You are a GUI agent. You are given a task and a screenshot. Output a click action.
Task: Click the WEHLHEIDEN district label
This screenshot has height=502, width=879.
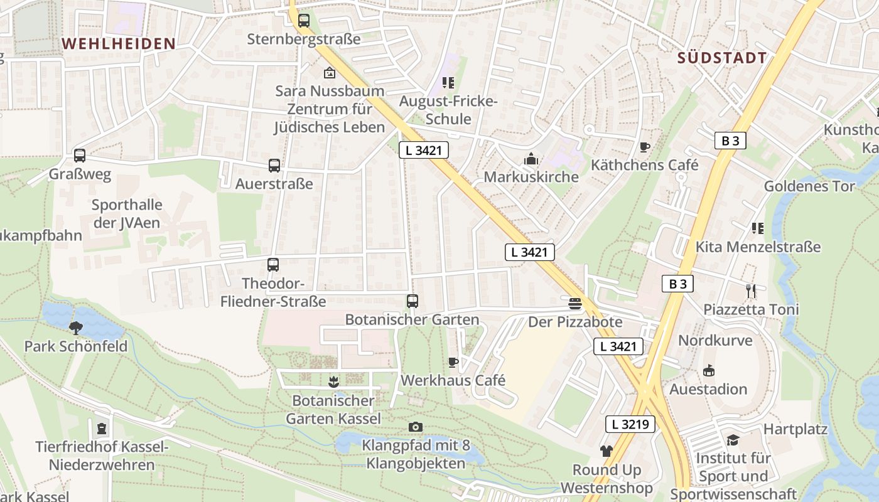[x=119, y=43]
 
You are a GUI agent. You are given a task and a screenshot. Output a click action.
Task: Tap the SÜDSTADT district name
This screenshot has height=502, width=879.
[x=722, y=58]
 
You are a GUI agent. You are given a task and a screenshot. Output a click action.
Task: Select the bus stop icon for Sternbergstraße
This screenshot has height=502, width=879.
[x=304, y=21]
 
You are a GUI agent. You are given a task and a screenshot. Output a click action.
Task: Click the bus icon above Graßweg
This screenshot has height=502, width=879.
[x=80, y=156]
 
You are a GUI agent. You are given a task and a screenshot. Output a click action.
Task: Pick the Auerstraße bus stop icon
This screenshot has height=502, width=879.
[x=274, y=166]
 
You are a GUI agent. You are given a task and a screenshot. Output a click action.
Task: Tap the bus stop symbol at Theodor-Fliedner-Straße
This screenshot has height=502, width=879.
[x=272, y=265]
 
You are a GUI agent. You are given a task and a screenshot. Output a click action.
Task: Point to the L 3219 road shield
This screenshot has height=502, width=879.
[x=630, y=425]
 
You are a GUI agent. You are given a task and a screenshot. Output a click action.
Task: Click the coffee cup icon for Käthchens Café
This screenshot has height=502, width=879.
[x=644, y=147]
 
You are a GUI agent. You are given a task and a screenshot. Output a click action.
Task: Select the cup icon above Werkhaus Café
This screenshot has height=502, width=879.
[x=453, y=362]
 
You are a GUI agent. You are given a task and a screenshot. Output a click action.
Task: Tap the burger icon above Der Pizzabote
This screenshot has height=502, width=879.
[x=574, y=304]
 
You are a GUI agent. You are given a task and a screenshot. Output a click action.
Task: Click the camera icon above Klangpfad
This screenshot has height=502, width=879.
[x=415, y=427]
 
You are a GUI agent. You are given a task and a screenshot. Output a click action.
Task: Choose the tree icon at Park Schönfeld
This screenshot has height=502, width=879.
[x=76, y=328]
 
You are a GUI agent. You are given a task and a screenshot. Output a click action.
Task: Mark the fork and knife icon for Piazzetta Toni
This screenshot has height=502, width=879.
[x=750, y=291]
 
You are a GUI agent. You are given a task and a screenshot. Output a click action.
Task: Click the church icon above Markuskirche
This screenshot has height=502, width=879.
[x=531, y=159]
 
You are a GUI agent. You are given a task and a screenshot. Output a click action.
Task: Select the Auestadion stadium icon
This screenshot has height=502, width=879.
[x=709, y=371]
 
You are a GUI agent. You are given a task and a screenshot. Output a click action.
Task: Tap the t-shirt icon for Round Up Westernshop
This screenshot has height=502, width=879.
[x=606, y=451]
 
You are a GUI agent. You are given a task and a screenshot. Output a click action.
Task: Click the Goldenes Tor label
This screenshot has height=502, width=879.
[x=809, y=186]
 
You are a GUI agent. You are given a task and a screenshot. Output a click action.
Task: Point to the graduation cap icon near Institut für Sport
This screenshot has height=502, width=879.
[x=732, y=440]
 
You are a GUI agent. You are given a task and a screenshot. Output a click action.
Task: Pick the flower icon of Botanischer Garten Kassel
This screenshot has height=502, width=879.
[x=333, y=382]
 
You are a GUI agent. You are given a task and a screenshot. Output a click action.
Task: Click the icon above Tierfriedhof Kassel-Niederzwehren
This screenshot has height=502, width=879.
[x=102, y=429]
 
